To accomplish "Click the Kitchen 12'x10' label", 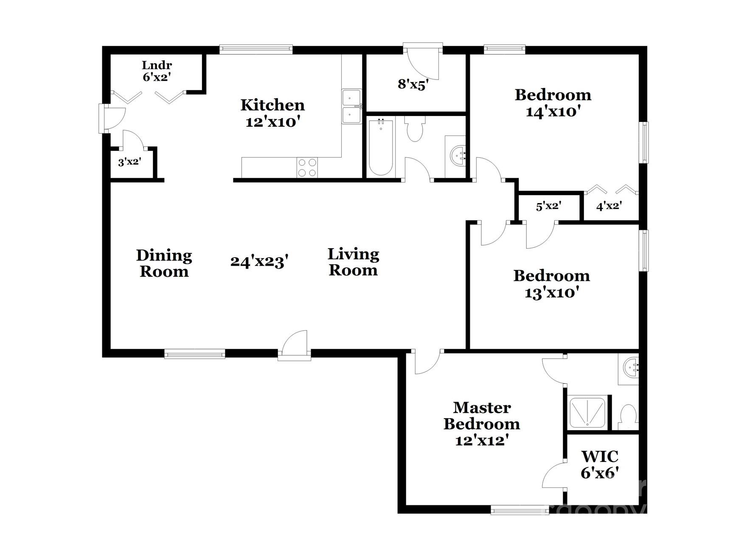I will point(272,113).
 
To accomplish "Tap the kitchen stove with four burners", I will point(307,167).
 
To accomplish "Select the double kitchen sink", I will point(351,106).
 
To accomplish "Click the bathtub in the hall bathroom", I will point(381,147).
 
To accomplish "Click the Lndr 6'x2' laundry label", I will point(157,71).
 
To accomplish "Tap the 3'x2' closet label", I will point(129,162).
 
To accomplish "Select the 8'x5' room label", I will point(411,84).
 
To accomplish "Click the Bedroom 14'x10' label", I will point(553,103).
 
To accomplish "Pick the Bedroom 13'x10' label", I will point(551,284).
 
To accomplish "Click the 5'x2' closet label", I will point(548,207).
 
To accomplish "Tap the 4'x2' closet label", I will point(609,207).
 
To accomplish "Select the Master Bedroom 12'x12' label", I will point(482,424).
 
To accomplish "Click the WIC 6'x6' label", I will point(599,465).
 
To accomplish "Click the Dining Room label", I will point(164,263).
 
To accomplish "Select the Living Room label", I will point(353,262).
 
